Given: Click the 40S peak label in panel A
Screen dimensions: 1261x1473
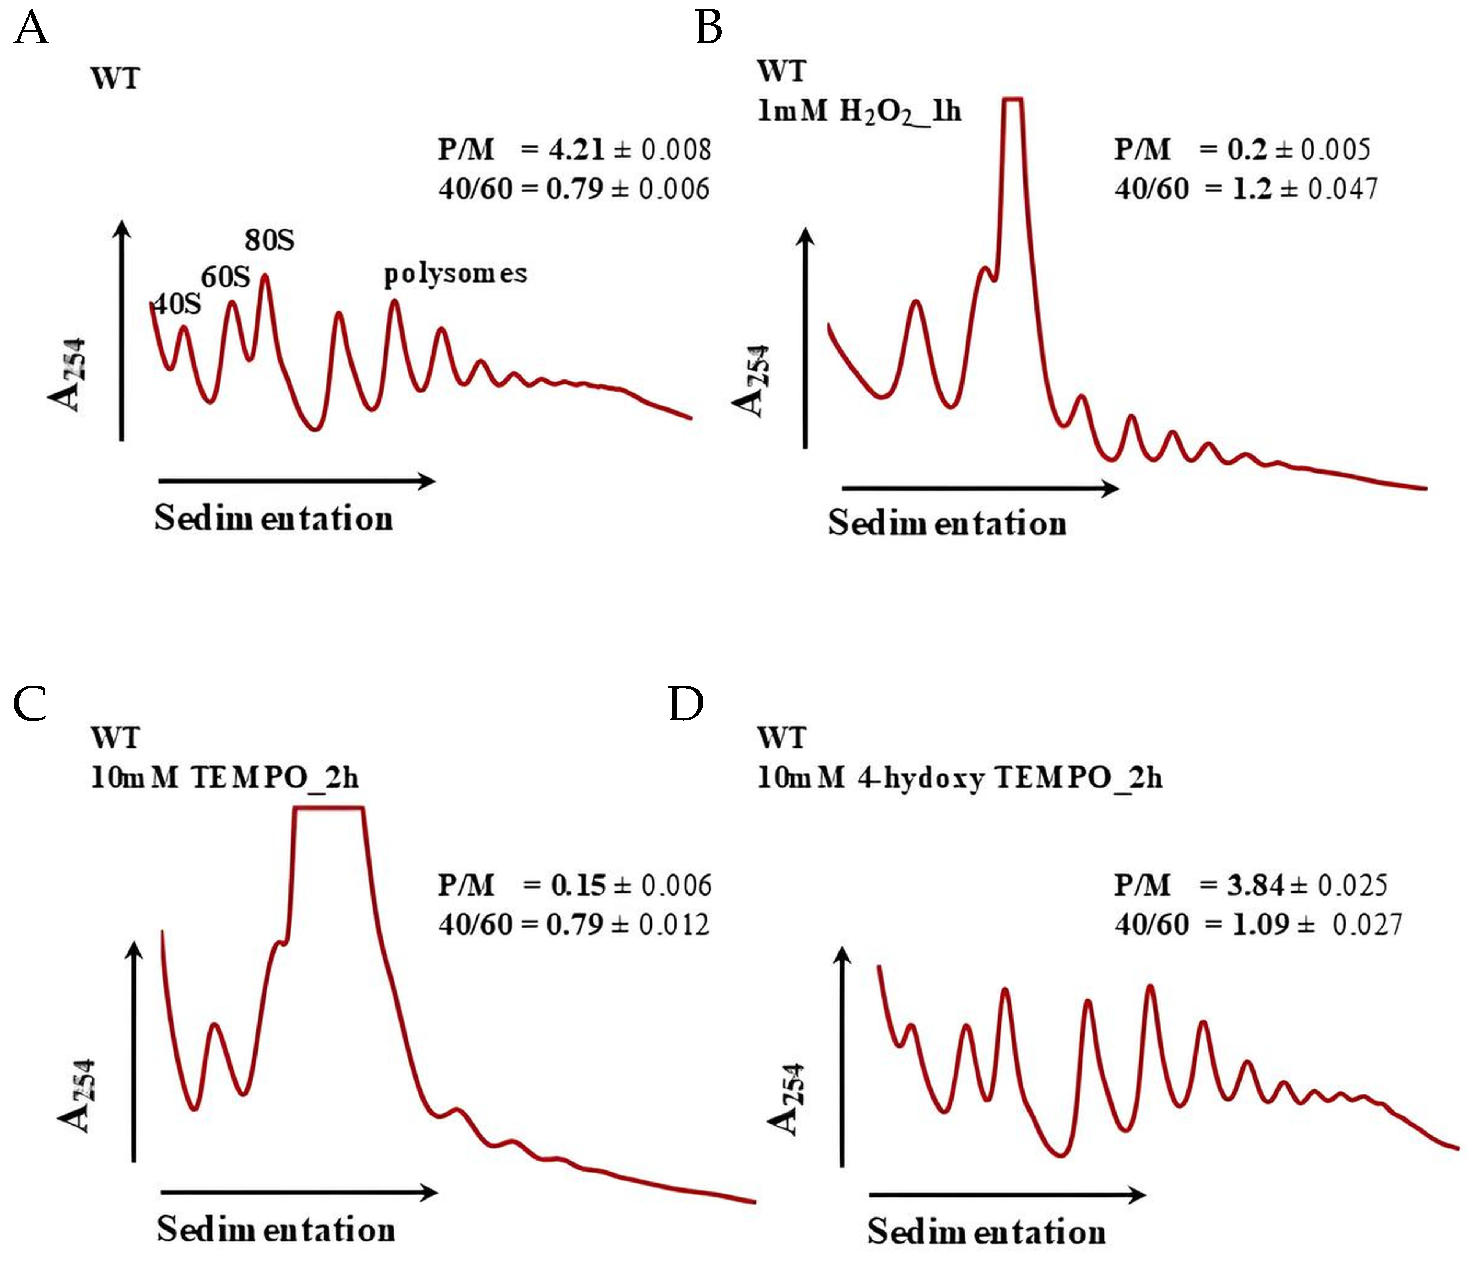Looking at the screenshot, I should coord(178,304).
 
